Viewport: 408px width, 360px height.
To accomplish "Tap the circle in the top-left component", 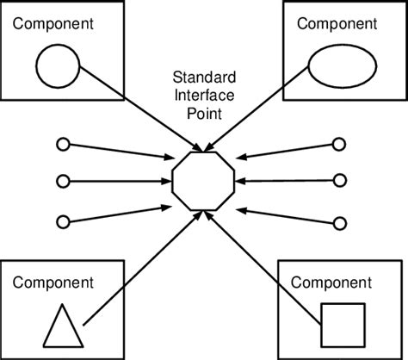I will [x=58, y=67].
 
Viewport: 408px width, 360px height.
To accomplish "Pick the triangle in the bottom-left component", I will [x=64, y=326].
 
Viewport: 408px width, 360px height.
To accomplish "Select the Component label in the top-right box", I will [x=337, y=22].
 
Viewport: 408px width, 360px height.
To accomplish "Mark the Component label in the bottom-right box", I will [x=331, y=282].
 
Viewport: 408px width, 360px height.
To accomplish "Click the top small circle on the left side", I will [x=62, y=144].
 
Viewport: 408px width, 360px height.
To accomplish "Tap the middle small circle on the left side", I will [x=62, y=182].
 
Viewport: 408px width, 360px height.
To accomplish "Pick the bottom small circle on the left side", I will [x=62, y=221].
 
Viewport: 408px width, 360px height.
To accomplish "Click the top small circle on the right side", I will [x=340, y=144].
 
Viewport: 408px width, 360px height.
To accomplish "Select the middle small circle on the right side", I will [x=340, y=182].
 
